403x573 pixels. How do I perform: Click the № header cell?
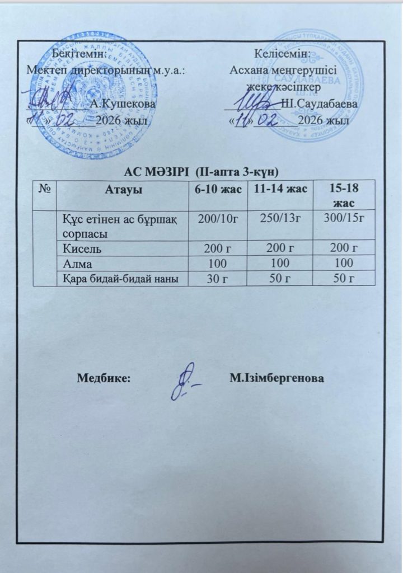(x=45, y=190)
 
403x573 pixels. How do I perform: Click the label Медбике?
(x=104, y=378)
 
